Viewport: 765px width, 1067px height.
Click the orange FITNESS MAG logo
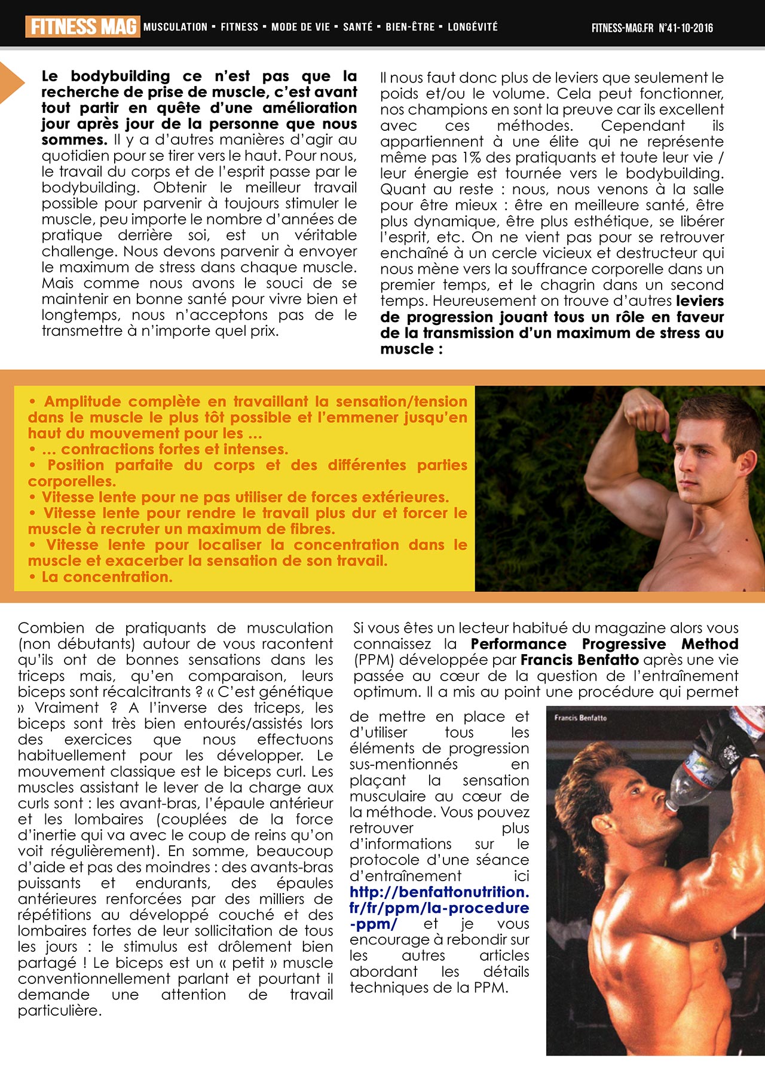(82, 27)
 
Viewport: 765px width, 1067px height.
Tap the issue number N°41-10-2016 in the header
(686, 27)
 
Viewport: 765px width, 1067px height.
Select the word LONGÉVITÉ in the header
(472, 27)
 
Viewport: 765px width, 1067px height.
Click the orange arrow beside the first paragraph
(11, 82)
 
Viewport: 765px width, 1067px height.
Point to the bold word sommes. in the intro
(74, 140)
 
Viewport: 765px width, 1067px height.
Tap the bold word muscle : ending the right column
(411, 349)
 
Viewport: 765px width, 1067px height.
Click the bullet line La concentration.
(106, 577)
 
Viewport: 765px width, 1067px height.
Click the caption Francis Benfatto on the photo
(580, 718)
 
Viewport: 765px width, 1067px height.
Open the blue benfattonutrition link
(439, 907)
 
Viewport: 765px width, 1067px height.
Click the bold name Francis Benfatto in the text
(579, 660)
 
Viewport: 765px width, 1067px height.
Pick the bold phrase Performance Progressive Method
(604, 644)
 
